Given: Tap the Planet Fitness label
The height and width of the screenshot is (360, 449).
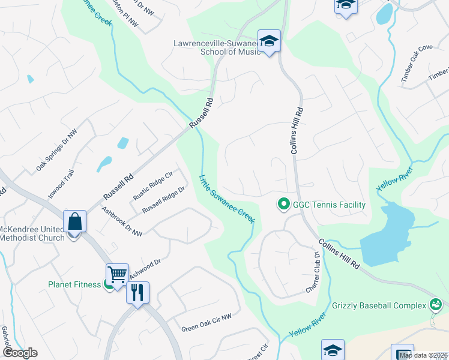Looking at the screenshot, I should [75, 284].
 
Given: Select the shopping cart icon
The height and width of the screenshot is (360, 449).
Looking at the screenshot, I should [117, 275].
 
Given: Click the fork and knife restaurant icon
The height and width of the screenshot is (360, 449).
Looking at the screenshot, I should [137, 293].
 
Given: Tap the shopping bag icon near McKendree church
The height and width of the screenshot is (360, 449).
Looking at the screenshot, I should [75, 221].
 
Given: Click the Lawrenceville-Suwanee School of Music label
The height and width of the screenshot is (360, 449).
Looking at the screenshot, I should [216, 48].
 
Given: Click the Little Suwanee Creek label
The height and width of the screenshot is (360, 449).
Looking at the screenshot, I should [228, 199].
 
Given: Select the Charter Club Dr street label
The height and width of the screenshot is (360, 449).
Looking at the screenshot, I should [313, 272].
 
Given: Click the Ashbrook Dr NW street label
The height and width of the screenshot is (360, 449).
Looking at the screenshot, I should [122, 221].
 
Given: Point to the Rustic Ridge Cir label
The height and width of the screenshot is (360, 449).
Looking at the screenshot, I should [152, 185].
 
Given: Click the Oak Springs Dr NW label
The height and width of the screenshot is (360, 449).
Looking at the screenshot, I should [56, 151].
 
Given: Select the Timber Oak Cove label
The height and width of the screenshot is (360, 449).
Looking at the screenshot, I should [417, 57].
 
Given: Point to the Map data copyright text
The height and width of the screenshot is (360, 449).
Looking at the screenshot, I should [424, 355].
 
